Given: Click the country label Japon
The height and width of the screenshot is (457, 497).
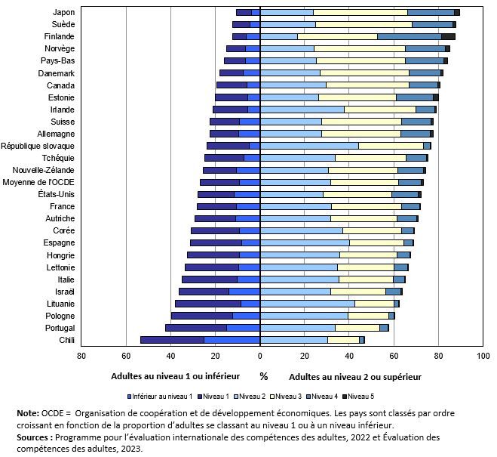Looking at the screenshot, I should pos(63,12).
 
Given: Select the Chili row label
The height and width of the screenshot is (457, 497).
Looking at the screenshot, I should pos(64,340).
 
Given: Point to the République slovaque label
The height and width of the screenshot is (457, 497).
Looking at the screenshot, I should pos(38,146).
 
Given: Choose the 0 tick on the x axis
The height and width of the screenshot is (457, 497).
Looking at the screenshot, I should pos(260,355).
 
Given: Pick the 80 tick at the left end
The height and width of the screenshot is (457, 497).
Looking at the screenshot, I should pos(81,355).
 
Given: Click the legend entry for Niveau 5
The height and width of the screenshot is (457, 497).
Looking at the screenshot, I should pos(360,396).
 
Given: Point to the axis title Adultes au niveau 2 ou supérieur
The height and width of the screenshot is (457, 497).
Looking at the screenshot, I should pos(354,376).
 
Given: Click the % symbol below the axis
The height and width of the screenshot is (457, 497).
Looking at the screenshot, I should pos(263,376).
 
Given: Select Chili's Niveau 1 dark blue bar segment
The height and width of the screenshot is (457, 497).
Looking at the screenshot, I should pos(172,340).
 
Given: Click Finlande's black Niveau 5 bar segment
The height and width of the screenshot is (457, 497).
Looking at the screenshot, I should pos(448,36).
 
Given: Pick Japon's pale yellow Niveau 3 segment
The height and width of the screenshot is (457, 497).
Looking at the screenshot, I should pos(360,12).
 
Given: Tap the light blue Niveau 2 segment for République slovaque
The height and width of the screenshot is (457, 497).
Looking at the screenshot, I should pos(309,146).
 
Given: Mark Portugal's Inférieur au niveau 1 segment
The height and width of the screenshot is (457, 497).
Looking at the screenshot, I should pos(244,328).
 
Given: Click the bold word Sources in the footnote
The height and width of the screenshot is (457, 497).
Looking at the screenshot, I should pos(34,437).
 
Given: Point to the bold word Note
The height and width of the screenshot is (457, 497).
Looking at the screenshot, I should pos(29,413).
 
